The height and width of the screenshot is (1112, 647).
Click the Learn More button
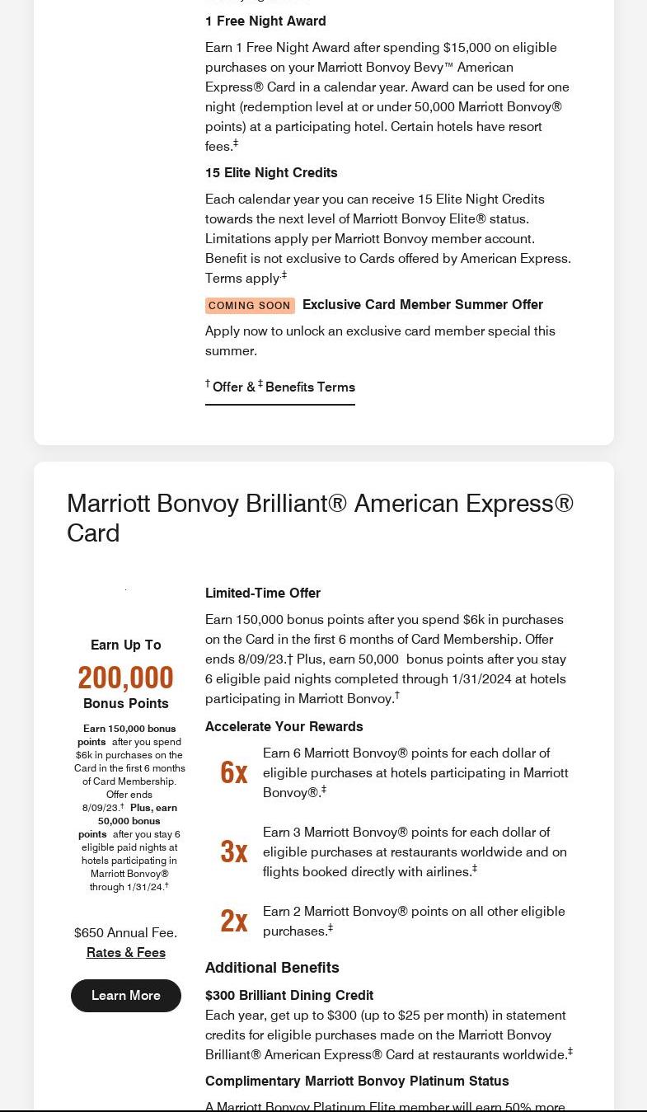(126, 995)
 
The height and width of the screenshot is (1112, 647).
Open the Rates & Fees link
(126, 952)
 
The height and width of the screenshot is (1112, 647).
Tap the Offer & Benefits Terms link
(280, 387)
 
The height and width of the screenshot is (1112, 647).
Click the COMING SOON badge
(250, 305)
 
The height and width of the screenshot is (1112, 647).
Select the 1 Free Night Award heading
(265, 21)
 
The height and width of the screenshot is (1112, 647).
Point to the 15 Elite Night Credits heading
(271, 172)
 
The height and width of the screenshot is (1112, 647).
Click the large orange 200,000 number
(125, 678)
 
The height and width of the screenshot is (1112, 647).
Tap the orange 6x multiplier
(234, 772)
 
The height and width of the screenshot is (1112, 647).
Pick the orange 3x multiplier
(234, 852)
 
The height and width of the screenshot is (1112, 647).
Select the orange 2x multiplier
(234, 921)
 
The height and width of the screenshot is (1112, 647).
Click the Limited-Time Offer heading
(263, 593)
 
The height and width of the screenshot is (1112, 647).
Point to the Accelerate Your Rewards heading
(284, 726)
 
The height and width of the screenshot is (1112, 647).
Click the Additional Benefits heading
(272, 967)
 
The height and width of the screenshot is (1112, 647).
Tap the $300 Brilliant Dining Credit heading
(289, 995)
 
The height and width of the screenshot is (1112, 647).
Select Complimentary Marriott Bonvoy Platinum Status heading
(357, 1081)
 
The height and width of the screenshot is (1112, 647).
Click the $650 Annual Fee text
(125, 932)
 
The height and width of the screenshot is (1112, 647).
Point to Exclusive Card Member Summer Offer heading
(423, 304)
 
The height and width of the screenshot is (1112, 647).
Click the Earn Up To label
(126, 645)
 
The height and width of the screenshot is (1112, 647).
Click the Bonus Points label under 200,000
(126, 703)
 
